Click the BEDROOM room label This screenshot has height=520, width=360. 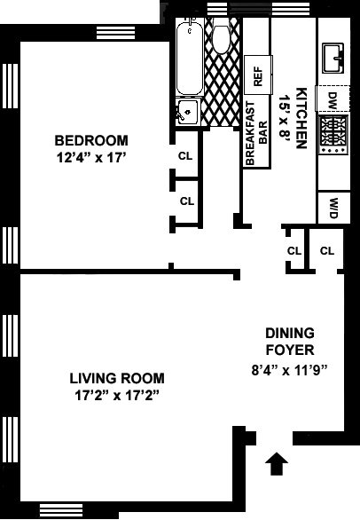[91, 140]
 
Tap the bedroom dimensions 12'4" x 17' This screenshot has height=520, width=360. [92, 158]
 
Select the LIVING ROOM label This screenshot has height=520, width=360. [117, 378]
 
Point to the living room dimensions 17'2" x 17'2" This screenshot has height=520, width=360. [117, 395]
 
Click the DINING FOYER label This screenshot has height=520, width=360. [290, 342]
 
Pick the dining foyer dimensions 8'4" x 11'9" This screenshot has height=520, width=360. [290, 370]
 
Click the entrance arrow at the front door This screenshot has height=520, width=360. [277, 463]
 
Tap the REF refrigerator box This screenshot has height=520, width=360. [258, 75]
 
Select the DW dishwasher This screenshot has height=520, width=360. [333, 98]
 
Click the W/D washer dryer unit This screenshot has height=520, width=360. [333, 208]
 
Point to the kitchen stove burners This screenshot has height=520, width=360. [333, 135]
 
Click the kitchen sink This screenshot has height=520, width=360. [333, 59]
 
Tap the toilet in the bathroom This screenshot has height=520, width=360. [221, 37]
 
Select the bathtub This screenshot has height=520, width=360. [190, 57]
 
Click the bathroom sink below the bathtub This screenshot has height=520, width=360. [188, 112]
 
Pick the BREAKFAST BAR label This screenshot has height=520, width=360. [257, 133]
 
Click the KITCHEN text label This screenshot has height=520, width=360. [301, 118]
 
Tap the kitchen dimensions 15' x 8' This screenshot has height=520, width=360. [285, 118]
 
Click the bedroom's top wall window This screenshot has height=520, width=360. [115, 33]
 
